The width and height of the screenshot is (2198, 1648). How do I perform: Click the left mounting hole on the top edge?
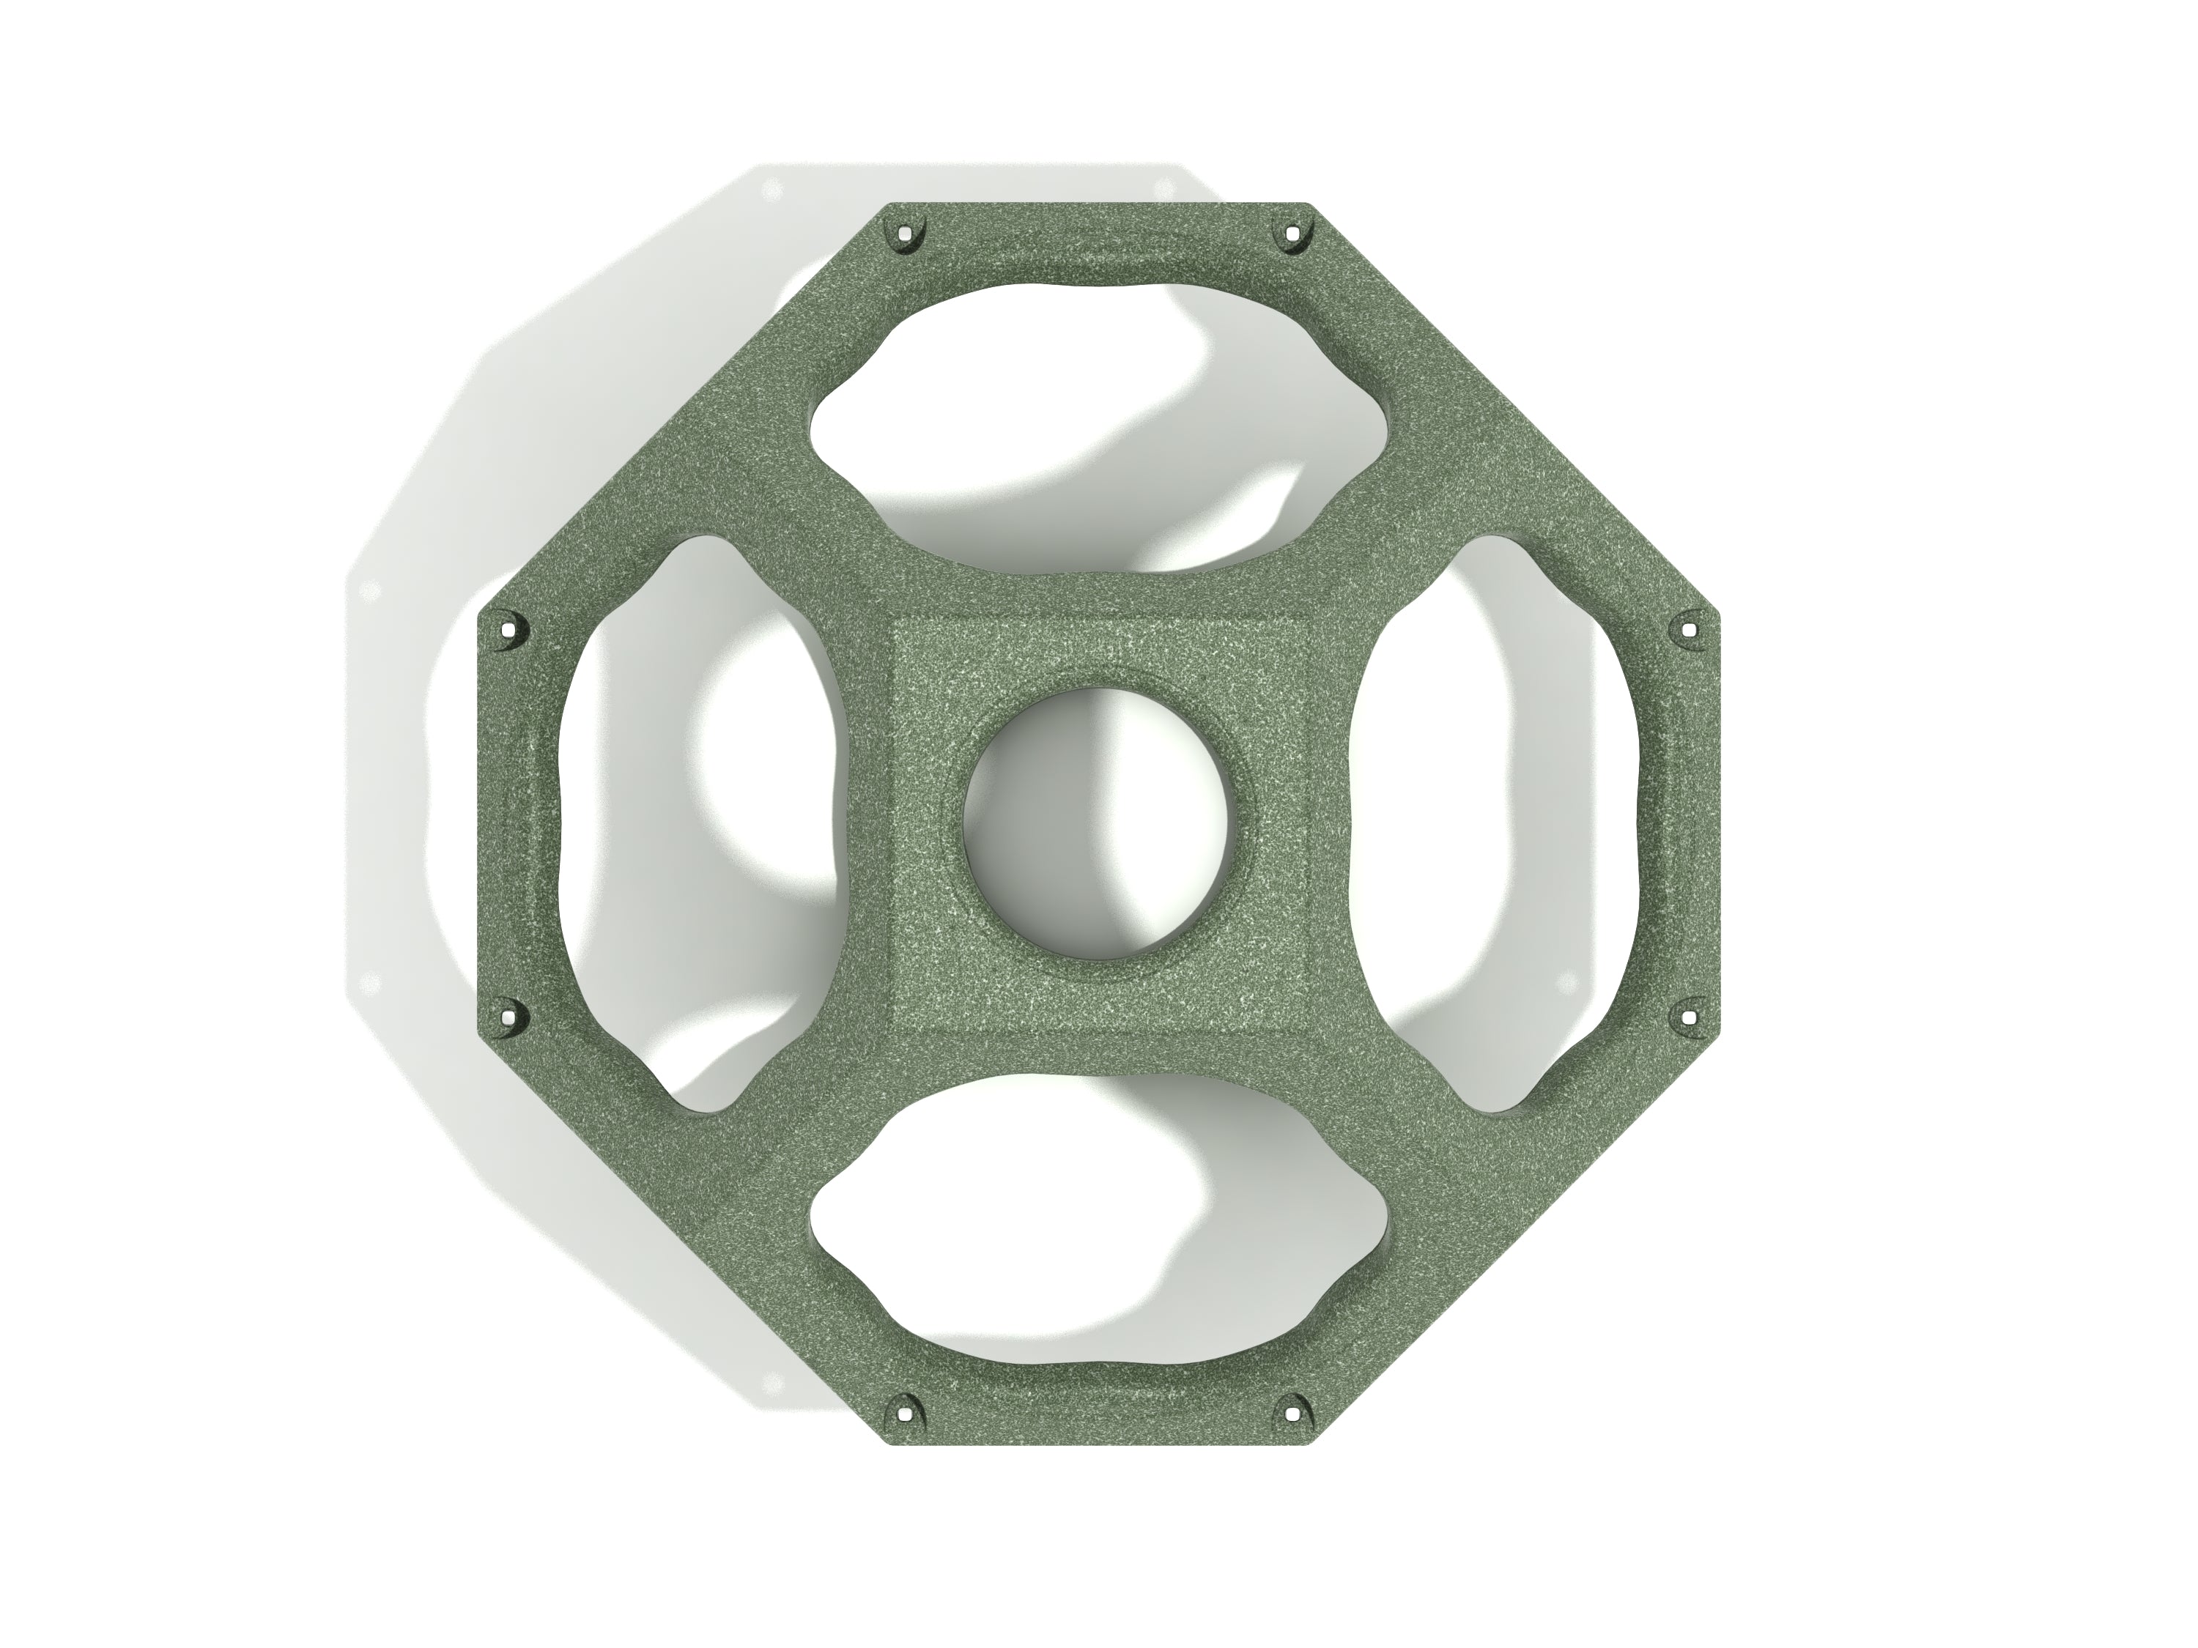point(903,237)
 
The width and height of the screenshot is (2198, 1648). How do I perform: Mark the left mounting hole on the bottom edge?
point(903,1411)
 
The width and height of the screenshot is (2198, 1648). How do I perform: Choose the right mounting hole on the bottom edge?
point(1291,1411)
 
